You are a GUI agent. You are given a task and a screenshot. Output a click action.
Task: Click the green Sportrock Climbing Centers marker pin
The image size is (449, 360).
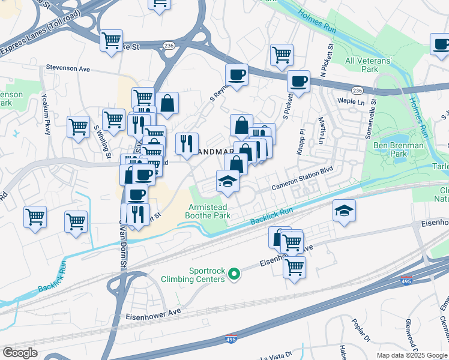[235, 275]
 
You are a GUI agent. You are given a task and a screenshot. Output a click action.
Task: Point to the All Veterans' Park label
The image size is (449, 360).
[369, 65]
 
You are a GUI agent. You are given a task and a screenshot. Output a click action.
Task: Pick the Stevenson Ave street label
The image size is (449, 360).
[68, 69]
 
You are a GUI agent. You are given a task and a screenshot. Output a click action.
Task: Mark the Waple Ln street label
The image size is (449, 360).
[351, 101]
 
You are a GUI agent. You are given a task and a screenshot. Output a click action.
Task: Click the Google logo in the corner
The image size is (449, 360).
[20, 353]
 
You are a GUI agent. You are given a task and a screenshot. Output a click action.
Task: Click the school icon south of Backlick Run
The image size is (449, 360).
[344, 211]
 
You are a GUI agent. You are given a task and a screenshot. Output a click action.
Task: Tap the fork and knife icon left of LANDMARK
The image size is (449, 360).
[187, 143]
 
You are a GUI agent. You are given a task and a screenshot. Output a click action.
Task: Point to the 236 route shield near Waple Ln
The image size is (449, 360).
[358, 90]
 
